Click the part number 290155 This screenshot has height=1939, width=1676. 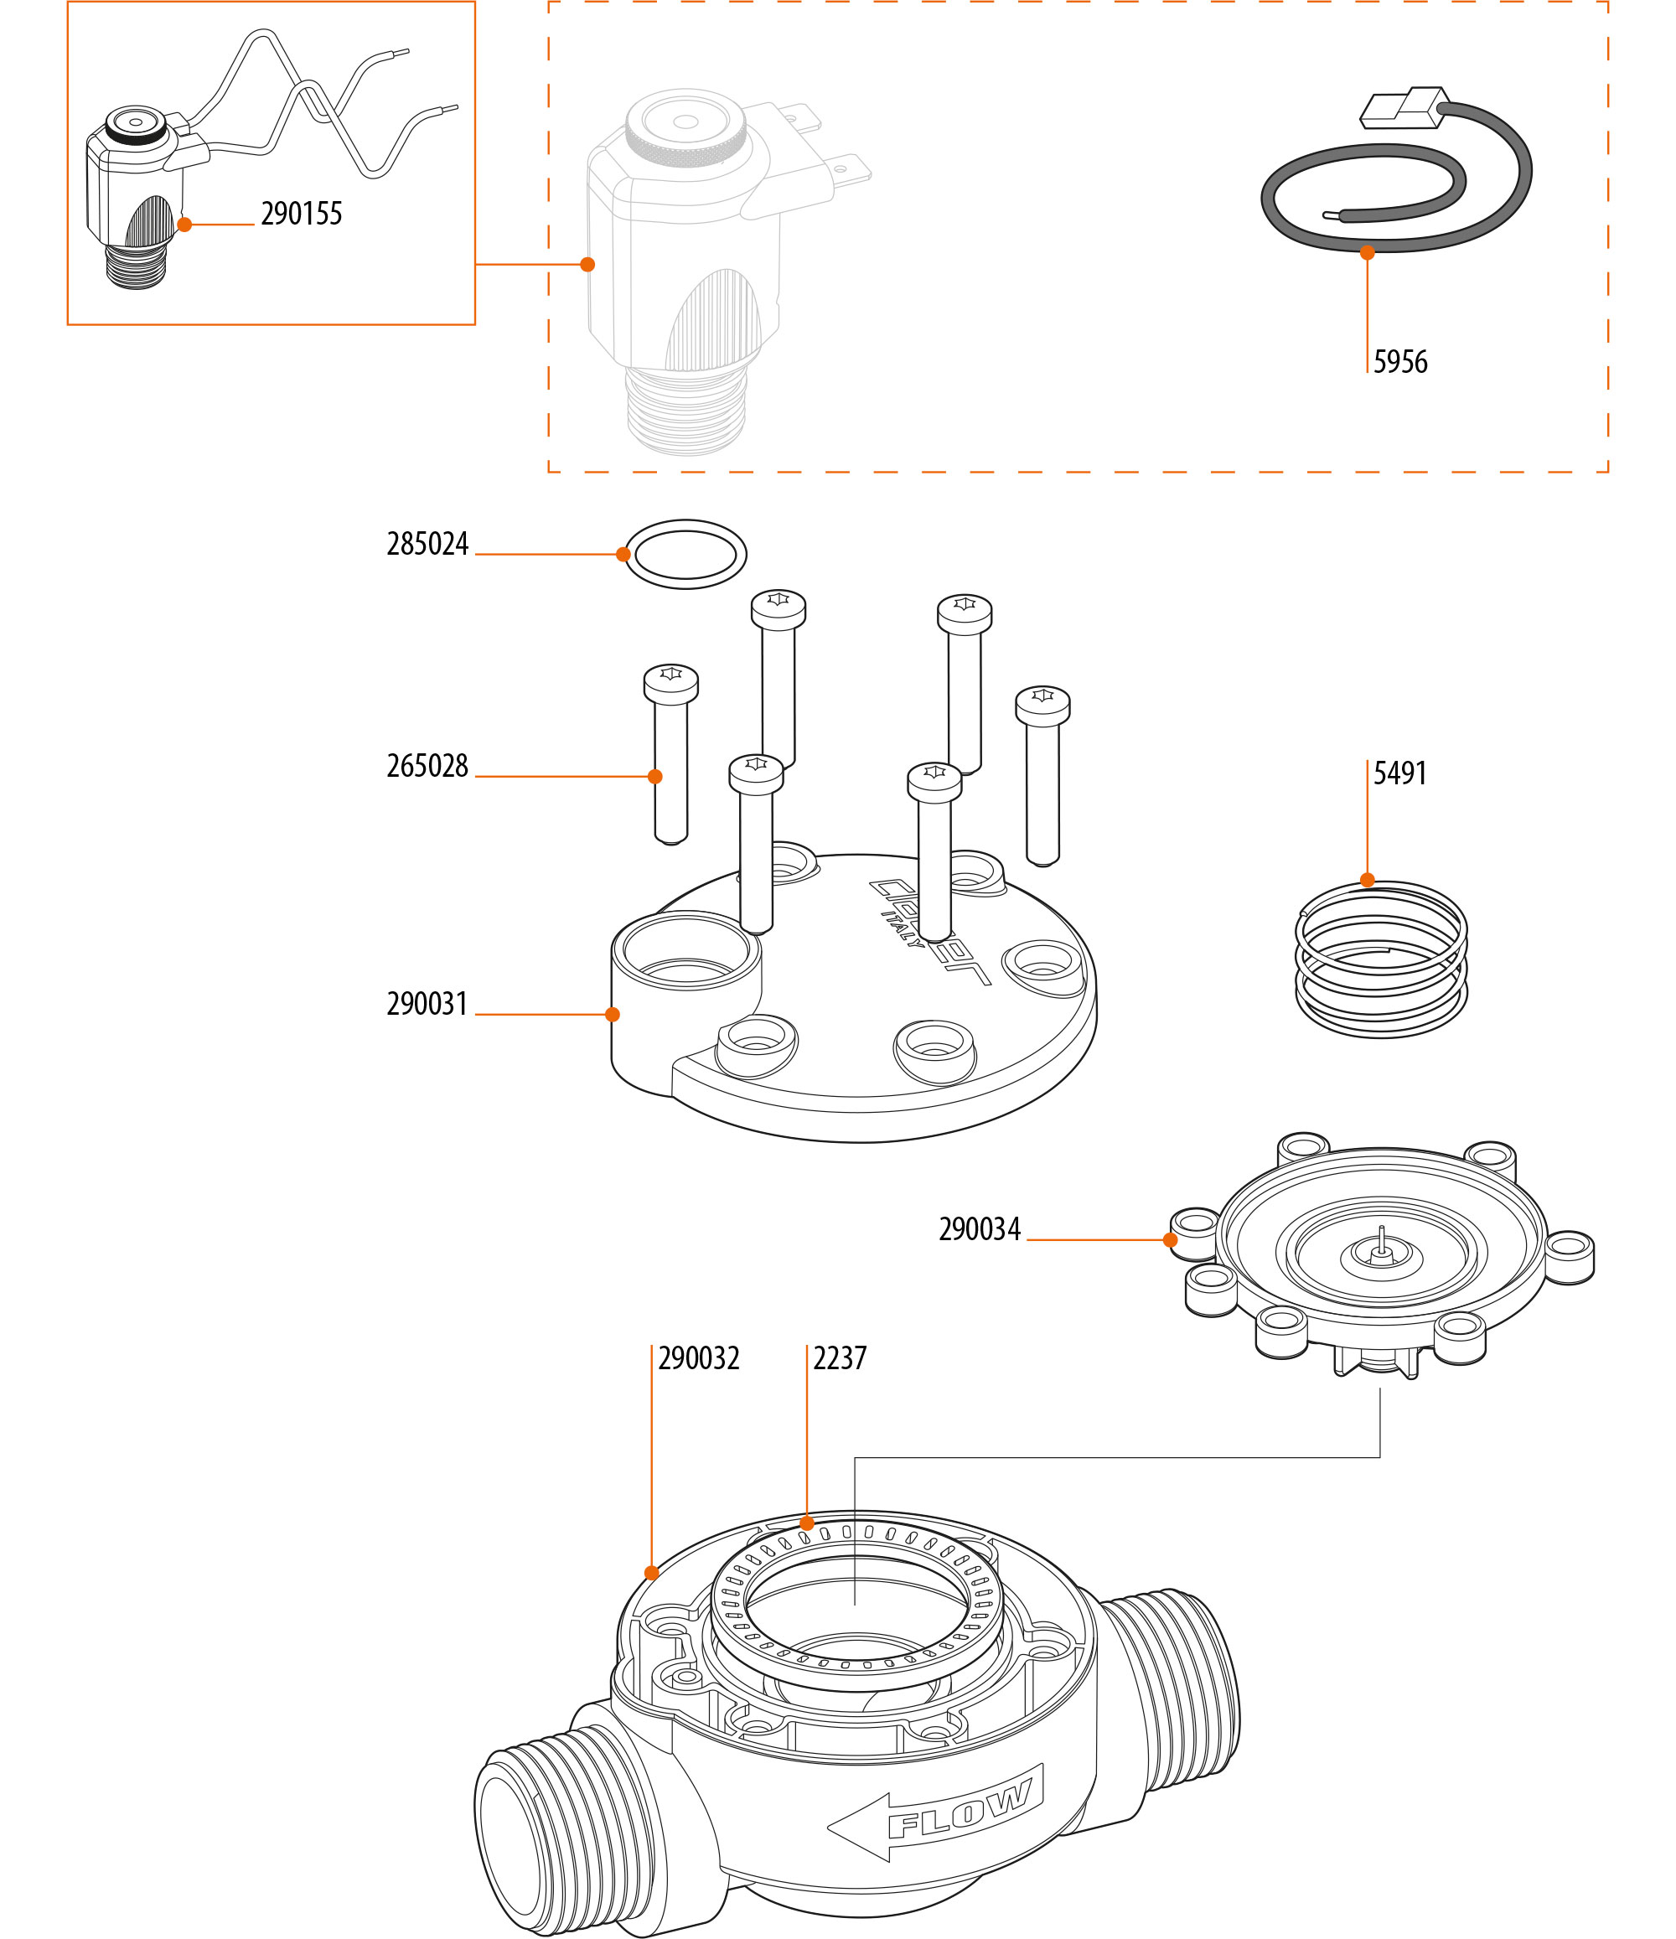302,215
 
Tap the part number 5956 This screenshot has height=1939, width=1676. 1400,362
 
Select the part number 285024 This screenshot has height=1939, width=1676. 427,545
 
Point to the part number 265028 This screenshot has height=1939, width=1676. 427,767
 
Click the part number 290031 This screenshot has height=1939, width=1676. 427,1004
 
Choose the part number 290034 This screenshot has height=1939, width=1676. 980,1229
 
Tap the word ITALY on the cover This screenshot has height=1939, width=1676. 903,927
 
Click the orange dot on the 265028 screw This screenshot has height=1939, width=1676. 655,777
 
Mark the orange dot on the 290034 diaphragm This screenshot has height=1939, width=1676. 1170,1240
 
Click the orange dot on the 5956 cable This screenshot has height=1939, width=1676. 1367,253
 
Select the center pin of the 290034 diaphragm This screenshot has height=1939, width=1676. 1381,1244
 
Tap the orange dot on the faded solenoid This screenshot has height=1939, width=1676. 587,265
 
